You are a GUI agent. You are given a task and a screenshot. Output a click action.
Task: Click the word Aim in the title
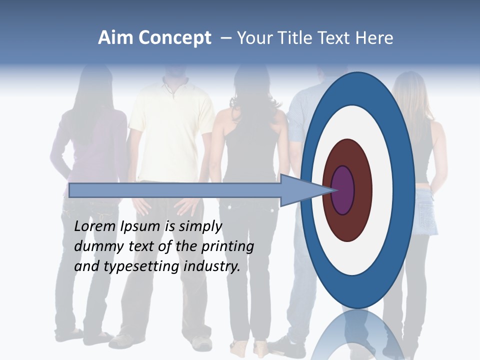116,38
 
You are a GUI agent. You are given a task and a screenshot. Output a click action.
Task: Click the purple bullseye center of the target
343,190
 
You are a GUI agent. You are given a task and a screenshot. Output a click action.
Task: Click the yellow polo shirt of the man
170,135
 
